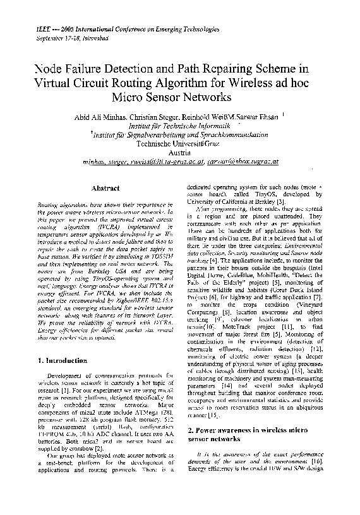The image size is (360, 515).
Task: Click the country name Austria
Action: [181, 152]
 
